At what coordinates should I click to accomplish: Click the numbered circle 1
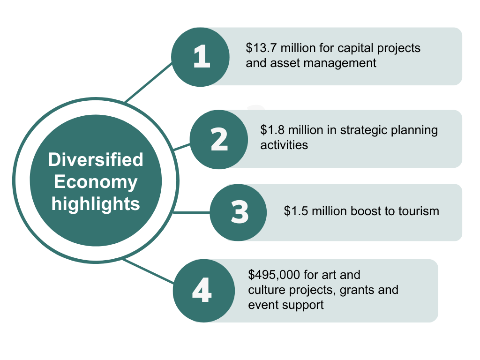point(200,57)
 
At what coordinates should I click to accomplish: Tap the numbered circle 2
point(219,140)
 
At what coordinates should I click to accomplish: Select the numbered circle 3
point(238,212)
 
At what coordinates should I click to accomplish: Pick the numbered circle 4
point(204,291)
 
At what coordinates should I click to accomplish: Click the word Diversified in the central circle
point(96,159)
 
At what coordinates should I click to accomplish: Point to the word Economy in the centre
point(96,182)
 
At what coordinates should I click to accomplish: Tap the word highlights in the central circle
point(96,204)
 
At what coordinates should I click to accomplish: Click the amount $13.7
point(262,48)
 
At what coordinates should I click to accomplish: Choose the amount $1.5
point(296,211)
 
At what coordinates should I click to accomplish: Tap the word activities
point(284,145)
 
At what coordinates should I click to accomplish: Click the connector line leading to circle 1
point(149,82)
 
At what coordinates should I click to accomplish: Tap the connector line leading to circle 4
point(149,271)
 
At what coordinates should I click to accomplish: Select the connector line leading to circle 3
point(192,212)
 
